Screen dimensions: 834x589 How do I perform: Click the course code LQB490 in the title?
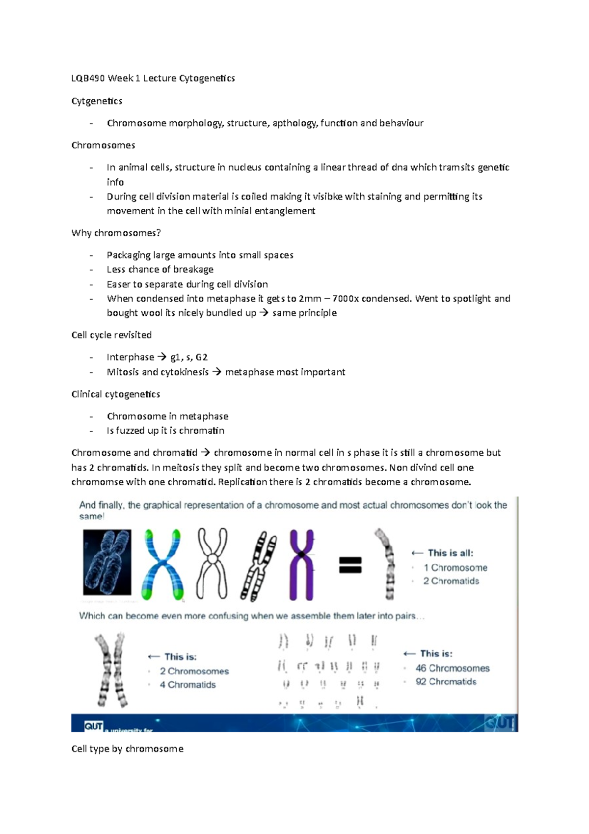click(x=88, y=78)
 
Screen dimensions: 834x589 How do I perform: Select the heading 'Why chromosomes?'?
click(x=116, y=233)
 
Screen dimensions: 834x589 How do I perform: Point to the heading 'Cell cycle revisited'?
click(x=111, y=335)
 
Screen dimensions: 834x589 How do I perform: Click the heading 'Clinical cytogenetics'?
click(x=116, y=394)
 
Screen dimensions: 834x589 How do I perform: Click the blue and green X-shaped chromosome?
click(x=162, y=564)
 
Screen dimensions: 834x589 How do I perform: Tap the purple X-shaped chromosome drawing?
click(x=301, y=564)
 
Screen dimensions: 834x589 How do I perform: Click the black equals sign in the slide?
click(x=350, y=565)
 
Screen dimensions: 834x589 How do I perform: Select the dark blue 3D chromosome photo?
click(x=107, y=562)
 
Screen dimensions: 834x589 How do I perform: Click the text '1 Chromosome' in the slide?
click(x=455, y=568)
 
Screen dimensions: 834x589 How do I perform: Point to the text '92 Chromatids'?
click(x=446, y=682)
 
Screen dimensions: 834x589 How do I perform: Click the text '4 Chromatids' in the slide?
click(x=187, y=685)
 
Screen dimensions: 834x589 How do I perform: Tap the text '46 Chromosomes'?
click(x=453, y=668)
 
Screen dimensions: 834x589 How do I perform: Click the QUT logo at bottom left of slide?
click(x=93, y=726)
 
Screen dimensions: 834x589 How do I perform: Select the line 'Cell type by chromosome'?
click(x=128, y=749)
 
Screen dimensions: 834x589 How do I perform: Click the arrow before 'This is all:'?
click(x=417, y=553)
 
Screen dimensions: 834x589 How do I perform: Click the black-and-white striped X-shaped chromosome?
click(x=258, y=565)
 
